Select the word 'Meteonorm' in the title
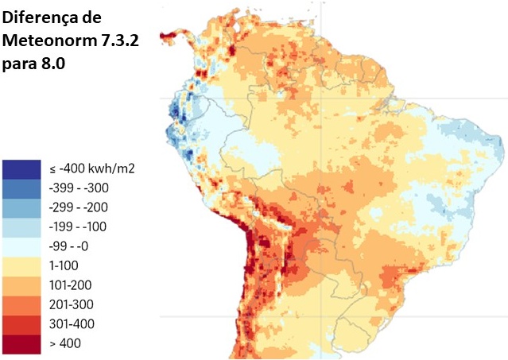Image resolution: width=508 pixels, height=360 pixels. (52, 40)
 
